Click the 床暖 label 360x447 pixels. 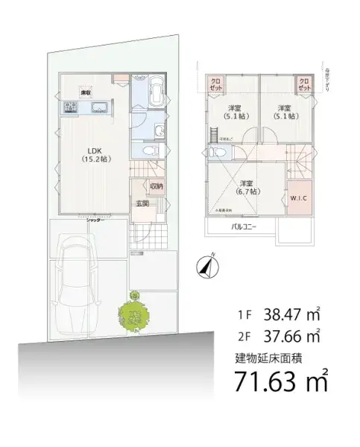coord(87,93)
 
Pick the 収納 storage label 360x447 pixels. coord(156,186)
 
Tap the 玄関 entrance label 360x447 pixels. coord(142,203)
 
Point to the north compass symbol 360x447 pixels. coord(206,266)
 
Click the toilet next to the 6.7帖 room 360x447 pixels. coord(215,152)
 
